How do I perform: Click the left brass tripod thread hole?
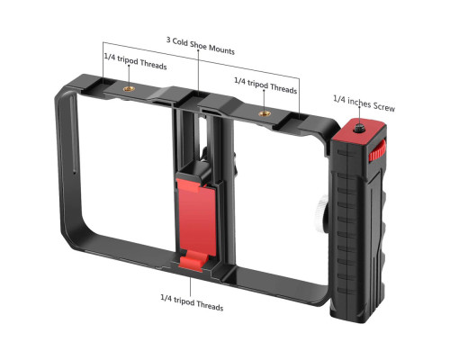coord(129,89)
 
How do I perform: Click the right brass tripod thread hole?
coord(265,113)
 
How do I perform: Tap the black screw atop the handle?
coord(358,129)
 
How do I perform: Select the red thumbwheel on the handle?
coord(377,150)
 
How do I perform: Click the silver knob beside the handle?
coord(322,210)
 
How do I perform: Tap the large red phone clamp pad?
coord(197,217)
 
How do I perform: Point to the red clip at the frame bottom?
coord(192,261)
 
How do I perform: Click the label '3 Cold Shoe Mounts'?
coord(201,46)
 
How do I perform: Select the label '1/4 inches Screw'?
coord(364,103)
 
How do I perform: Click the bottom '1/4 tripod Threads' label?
coord(192,302)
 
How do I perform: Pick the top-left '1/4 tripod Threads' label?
coord(135,61)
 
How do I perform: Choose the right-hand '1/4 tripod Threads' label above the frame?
coord(265,85)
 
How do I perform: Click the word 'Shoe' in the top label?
coord(198,45)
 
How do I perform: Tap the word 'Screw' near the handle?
coord(384,106)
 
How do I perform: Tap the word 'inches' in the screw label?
coord(359,103)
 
